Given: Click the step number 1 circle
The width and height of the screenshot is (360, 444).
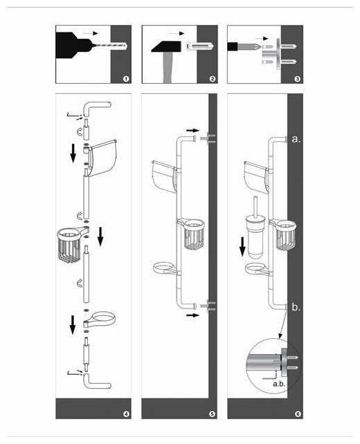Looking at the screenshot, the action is (x=126, y=79).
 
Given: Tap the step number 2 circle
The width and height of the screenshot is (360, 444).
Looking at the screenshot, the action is (x=213, y=79).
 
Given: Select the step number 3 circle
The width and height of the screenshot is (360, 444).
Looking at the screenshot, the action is (x=298, y=79).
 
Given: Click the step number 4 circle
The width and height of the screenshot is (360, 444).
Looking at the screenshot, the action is (x=126, y=414).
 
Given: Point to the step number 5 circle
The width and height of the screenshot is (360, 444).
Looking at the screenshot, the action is (x=213, y=414).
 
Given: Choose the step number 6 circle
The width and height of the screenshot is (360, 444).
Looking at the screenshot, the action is (x=298, y=414).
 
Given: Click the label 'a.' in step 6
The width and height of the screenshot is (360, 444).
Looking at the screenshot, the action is (x=296, y=139).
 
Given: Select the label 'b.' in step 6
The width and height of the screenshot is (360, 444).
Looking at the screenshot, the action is (x=296, y=307).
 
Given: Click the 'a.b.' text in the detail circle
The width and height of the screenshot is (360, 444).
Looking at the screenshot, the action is (x=278, y=384).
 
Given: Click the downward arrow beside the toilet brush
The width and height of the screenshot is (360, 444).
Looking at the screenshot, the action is (x=242, y=247).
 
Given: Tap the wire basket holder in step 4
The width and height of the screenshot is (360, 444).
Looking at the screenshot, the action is (x=72, y=244).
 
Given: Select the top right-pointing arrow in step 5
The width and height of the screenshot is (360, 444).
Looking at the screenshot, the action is (x=192, y=131).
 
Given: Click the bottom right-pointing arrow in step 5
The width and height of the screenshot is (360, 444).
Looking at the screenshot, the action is (x=192, y=315).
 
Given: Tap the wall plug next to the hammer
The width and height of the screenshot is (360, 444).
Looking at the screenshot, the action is (x=200, y=46).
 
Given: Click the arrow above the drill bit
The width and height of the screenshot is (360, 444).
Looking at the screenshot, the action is (x=90, y=33).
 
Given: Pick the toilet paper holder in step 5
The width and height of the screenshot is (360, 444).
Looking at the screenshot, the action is (x=164, y=176).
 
